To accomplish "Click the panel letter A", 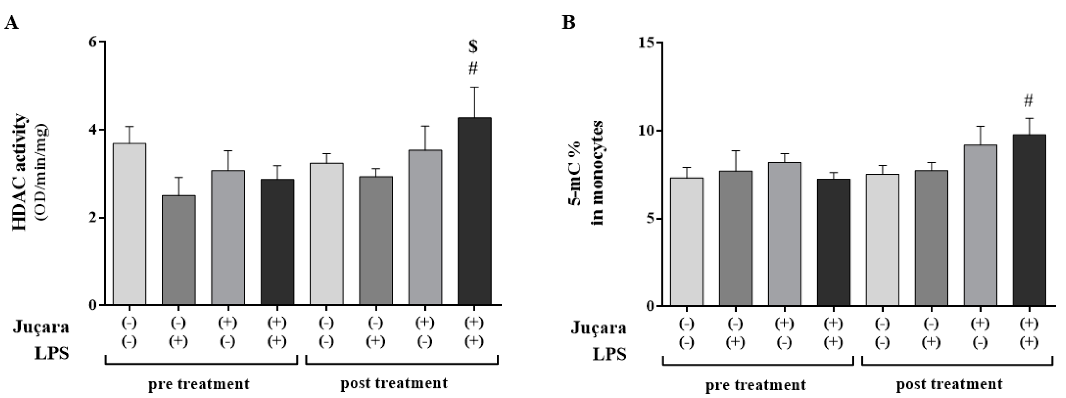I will pos(11,23).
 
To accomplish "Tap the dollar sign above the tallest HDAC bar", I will pos(473,46).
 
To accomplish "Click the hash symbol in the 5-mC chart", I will pos(1029,100).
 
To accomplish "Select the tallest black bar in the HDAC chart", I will pos(474,211).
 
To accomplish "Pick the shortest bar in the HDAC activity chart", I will pos(178,250).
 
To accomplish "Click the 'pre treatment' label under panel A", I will pos(199,384).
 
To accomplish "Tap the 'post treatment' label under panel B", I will pos(949,384).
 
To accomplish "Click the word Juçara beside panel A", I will pos(41,327).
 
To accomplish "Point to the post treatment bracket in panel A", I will pos(401,364).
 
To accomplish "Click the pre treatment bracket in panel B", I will pos(757,365).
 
